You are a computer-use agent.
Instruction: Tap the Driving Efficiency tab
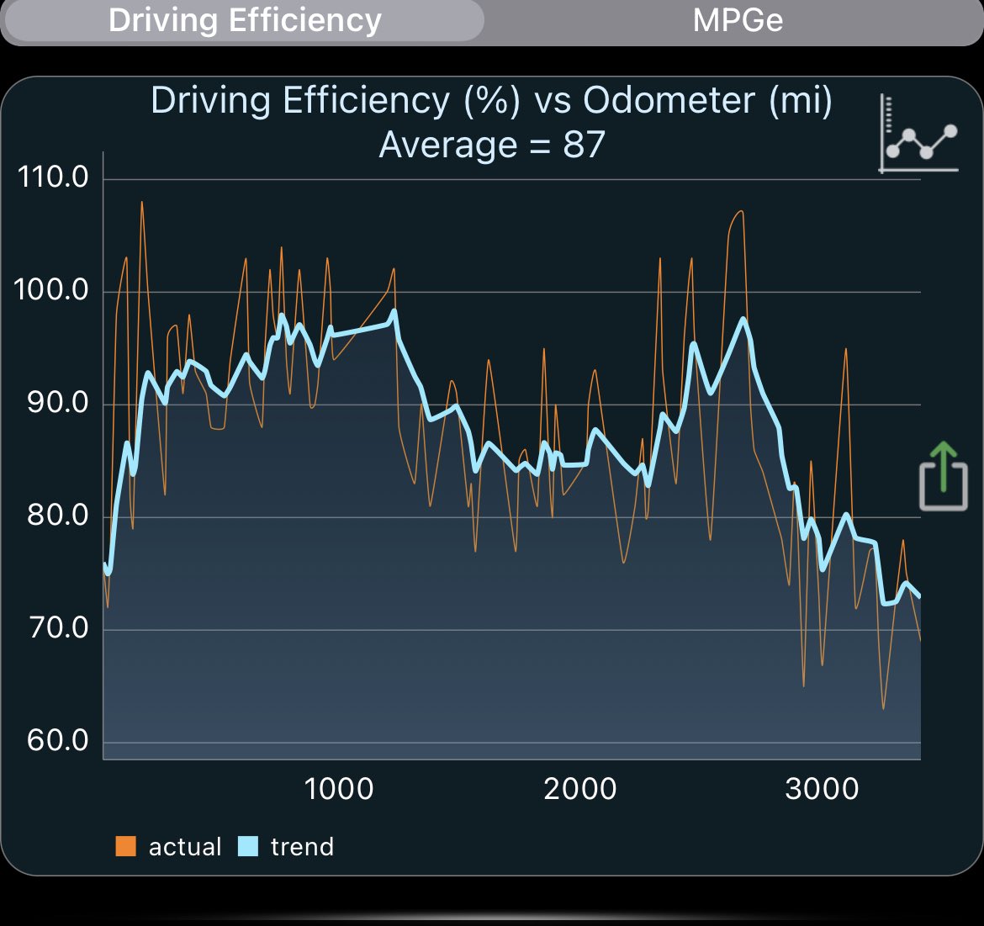coord(245,20)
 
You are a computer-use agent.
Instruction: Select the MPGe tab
coord(738,20)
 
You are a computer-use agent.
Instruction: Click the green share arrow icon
coord(943,476)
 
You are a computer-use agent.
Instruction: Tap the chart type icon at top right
coord(919,135)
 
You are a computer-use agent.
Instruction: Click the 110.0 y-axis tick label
coord(52,177)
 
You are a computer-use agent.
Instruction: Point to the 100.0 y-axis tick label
coord(52,290)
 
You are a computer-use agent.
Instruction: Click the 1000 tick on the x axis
coord(339,789)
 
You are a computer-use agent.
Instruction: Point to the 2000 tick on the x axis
coord(580,789)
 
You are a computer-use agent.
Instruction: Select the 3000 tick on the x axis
coord(822,789)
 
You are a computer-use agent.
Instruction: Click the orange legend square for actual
coord(126,846)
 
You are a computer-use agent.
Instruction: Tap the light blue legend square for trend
coord(248,846)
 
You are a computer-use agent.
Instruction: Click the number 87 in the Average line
coord(584,145)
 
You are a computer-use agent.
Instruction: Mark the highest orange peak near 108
coord(141,203)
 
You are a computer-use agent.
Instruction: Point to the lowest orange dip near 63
coord(883,707)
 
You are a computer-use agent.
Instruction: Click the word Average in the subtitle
coord(448,145)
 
